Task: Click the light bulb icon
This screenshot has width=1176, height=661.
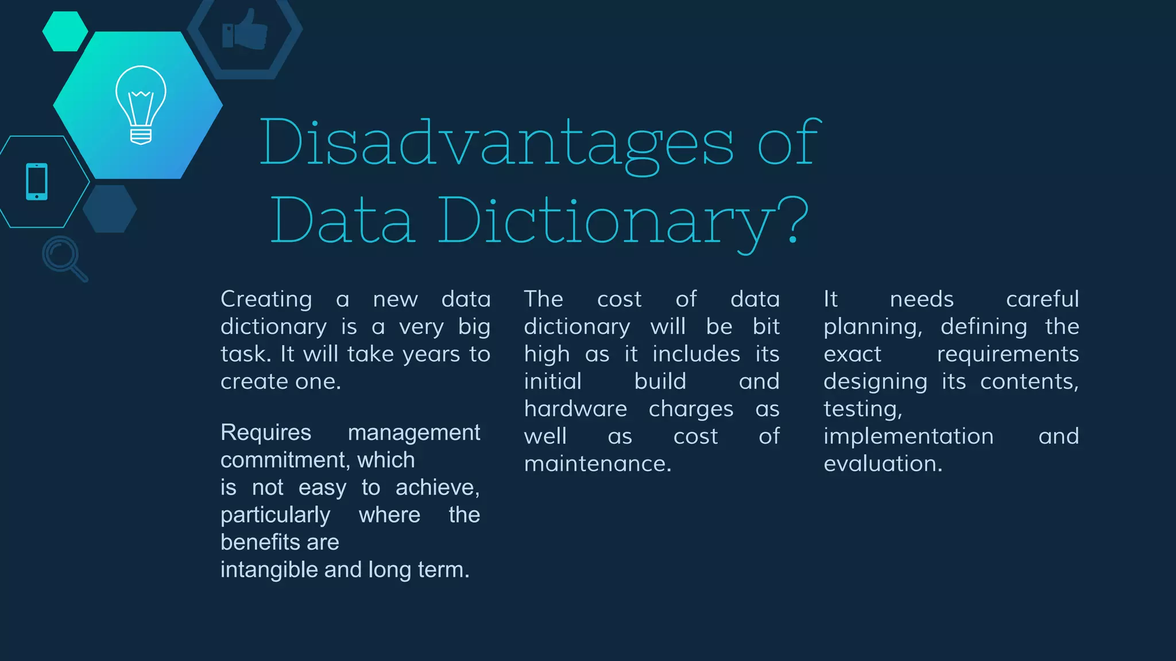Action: (x=141, y=104)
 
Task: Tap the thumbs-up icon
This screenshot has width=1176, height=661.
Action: (x=245, y=30)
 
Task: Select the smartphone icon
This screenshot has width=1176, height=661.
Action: (x=37, y=182)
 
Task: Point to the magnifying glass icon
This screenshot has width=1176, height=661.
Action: (x=64, y=258)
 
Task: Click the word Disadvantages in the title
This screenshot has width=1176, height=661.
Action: (x=497, y=143)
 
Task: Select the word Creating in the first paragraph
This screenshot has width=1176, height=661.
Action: (x=266, y=299)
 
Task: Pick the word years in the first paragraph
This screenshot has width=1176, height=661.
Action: (x=431, y=354)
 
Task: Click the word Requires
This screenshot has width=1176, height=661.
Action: (x=266, y=432)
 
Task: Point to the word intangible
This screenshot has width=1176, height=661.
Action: (x=269, y=570)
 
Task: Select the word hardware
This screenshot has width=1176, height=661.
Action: (x=575, y=409)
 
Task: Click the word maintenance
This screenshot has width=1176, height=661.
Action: (x=597, y=464)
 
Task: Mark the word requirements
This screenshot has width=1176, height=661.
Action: (x=1008, y=355)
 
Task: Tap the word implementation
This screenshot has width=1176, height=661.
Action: (x=908, y=436)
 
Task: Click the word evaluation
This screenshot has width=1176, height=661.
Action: (x=883, y=464)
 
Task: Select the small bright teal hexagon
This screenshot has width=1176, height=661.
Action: (x=65, y=32)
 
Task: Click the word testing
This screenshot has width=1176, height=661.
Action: (x=862, y=409)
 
